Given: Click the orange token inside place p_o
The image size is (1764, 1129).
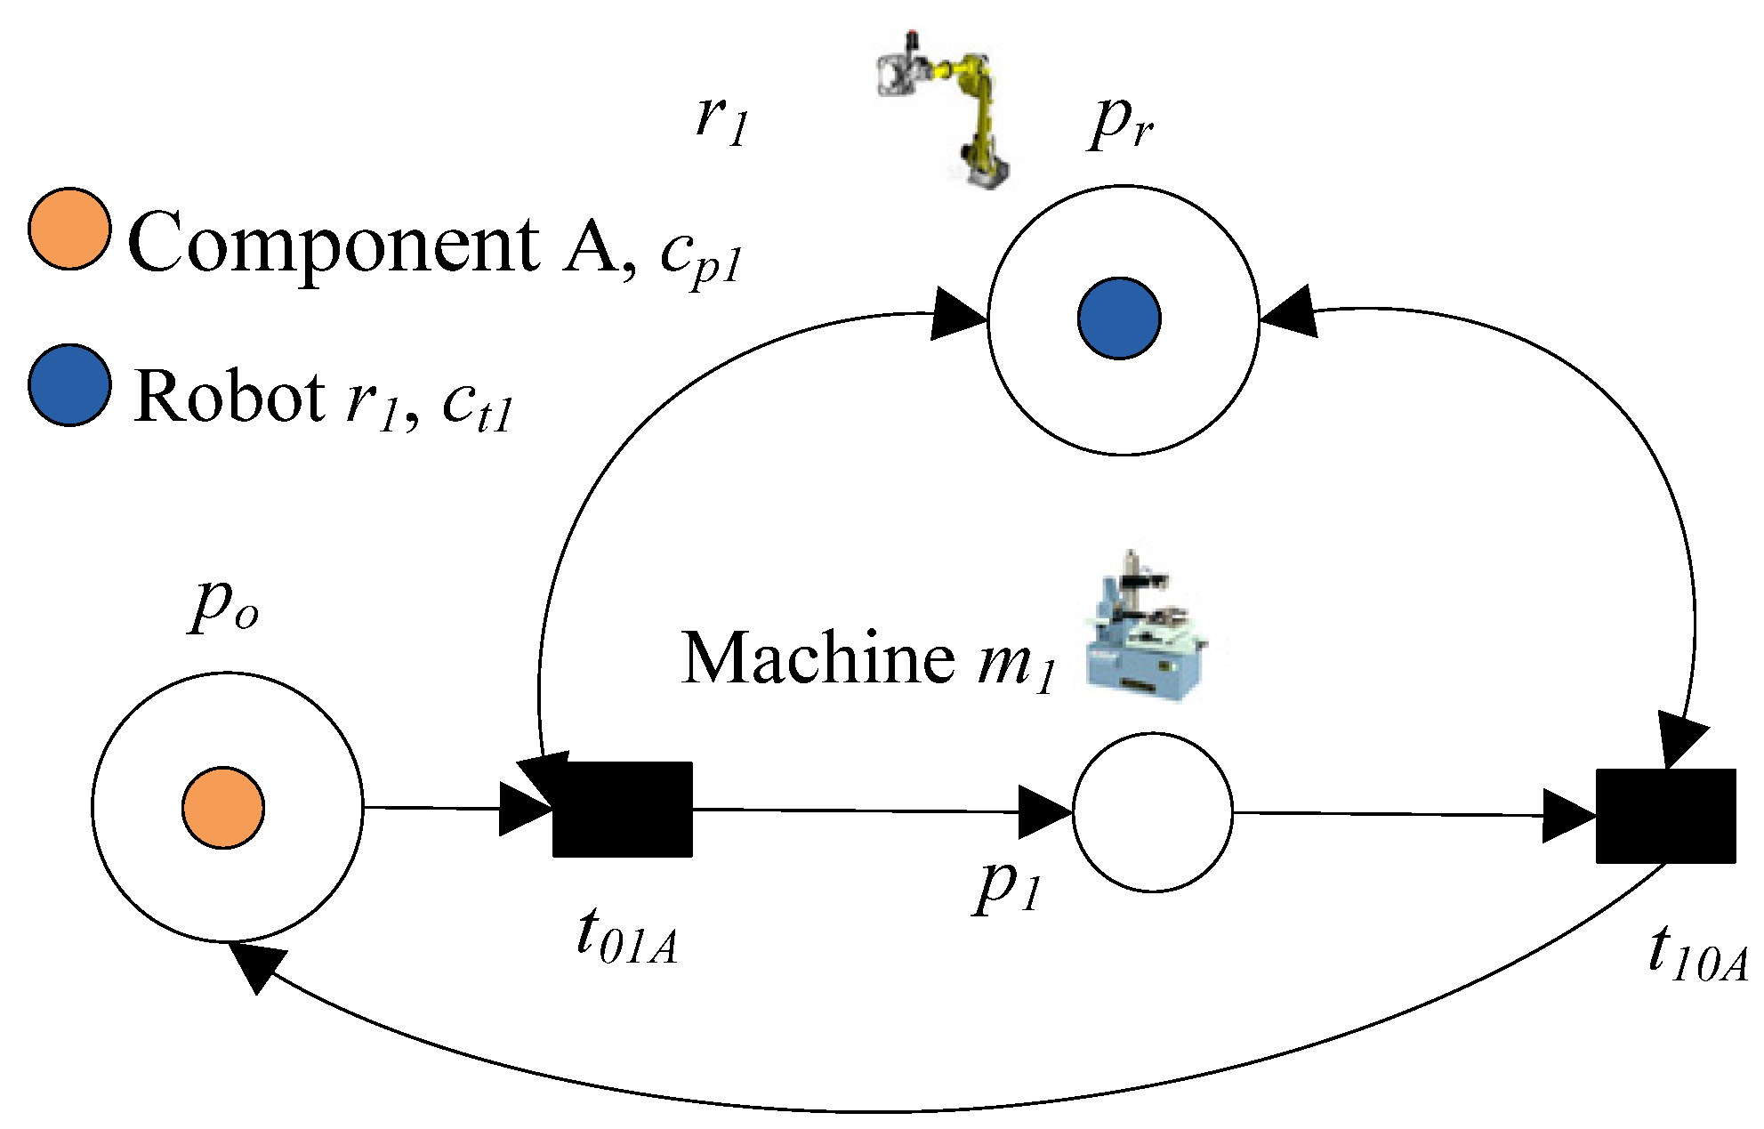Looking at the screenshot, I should (x=223, y=807).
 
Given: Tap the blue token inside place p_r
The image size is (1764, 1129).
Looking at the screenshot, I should (x=1119, y=319).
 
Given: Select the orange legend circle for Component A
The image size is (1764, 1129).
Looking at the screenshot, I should (x=69, y=229).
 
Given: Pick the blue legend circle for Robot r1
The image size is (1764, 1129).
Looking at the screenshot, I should (x=69, y=385).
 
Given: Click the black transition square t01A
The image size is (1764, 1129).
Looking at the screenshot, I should (x=623, y=809).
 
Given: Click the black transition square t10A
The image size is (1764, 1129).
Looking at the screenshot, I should (x=1665, y=816).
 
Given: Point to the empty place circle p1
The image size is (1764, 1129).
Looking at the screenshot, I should (x=1153, y=812).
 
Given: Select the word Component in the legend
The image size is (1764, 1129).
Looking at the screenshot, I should (x=334, y=243).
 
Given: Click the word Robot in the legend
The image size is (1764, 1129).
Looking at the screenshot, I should (x=230, y=397).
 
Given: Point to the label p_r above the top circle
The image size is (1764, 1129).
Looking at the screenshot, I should (x=1121, y=123).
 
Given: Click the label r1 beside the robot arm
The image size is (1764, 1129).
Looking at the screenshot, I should (x=721, y=121).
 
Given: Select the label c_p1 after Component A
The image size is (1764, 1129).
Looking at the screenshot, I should (x=701, y=257).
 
